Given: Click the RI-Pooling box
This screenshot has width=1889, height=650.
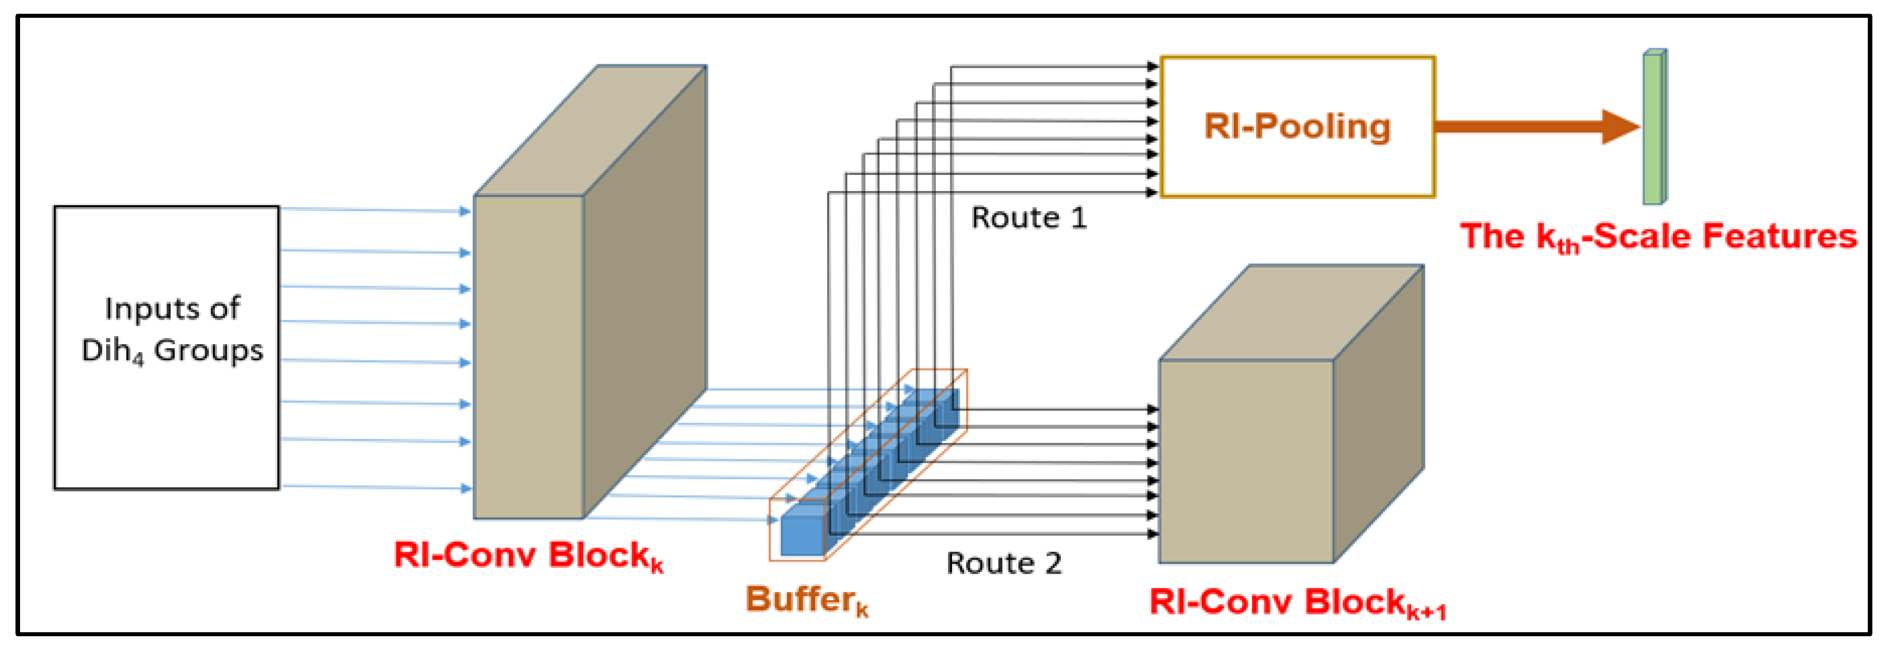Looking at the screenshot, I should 1296,126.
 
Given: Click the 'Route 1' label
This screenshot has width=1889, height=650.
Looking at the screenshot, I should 1028,218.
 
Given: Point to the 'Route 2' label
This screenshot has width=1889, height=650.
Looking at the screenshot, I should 1003,563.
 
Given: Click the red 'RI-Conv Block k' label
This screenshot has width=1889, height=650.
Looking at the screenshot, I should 528,555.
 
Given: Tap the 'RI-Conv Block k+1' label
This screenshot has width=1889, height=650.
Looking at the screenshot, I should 1296,603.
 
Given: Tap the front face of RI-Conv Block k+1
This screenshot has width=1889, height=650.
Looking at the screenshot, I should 1245,461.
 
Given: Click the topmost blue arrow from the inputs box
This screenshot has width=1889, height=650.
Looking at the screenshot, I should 374,210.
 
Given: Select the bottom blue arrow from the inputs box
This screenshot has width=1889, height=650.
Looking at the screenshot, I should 374,486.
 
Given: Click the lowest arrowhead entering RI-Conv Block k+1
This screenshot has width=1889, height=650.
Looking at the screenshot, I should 1152,534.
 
